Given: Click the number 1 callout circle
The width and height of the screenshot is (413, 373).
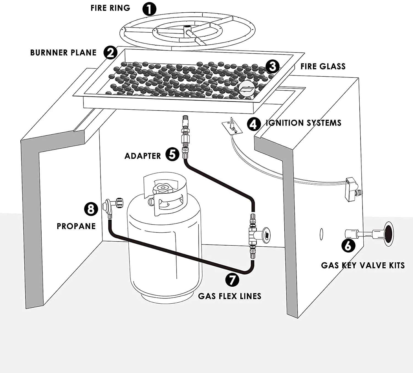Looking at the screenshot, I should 149,9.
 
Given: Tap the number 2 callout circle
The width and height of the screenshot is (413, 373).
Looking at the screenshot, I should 110,52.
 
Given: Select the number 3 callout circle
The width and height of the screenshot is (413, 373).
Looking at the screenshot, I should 273,66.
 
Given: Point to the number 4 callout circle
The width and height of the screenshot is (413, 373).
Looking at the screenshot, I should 253,124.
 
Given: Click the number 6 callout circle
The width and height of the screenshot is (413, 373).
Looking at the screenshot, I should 348,245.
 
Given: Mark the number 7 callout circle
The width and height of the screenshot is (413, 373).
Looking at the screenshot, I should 232,280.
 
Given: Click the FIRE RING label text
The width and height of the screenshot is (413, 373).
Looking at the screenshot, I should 110,8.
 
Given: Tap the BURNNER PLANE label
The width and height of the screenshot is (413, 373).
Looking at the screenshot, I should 63,53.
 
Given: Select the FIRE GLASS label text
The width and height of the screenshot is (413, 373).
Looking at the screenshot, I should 323,66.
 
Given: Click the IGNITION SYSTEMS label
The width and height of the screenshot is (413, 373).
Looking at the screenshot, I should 303,123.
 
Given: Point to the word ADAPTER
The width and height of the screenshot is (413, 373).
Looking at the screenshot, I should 143,156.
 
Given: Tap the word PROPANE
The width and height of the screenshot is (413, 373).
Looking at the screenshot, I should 76,226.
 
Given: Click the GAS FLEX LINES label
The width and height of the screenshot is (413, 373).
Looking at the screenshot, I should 230,296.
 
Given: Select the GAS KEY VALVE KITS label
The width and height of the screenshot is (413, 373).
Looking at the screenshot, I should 363,265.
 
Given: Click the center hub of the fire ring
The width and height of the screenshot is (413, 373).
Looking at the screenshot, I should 188,29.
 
